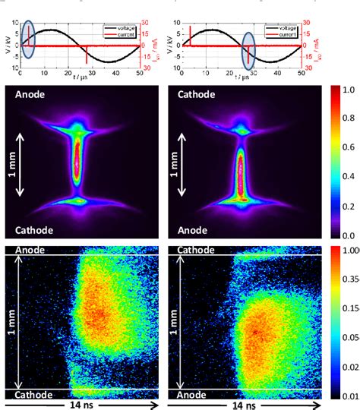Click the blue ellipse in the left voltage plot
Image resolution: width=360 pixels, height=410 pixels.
[29, 39]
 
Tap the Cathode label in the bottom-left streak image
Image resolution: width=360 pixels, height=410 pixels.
[26, 395]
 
